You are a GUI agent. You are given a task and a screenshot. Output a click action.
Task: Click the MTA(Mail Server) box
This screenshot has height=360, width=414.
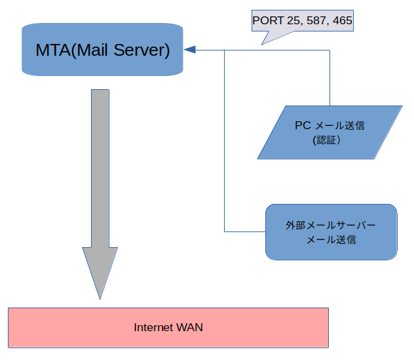tap(102, 50)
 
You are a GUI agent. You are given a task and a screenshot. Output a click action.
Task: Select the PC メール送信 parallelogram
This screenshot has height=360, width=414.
tap(329, 132)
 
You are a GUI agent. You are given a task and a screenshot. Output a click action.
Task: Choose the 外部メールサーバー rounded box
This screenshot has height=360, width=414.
tap(331, 231)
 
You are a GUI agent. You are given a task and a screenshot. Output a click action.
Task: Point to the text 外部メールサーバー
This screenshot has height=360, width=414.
tap(331, 225)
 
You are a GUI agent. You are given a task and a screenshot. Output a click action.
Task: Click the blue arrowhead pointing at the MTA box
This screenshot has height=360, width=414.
tap(190, 50)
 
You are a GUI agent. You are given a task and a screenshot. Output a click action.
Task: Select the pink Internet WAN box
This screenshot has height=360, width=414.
tap(168, 327)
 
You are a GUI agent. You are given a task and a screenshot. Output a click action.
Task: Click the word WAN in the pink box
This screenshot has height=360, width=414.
tap(190, 327)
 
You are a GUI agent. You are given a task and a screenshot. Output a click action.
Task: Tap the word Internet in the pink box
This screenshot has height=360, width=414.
tap(154, 327)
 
